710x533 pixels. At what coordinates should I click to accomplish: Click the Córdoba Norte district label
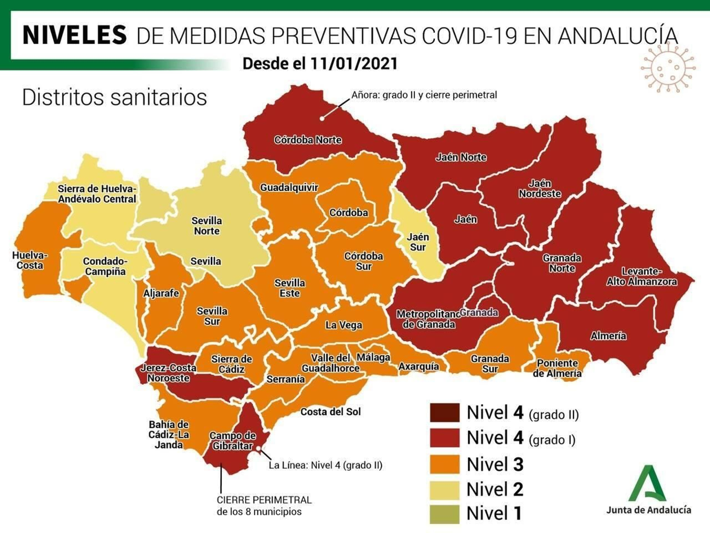tap(308, 140)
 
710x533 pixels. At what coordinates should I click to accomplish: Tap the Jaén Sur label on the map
tap(418, 242)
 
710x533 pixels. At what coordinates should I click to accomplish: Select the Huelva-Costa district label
tap(30, 260)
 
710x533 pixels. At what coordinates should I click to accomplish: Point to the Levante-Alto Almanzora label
tap(642, 276)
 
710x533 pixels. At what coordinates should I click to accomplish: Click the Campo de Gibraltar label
tap(233, 441)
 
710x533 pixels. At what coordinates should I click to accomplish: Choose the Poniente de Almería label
tap(557, 368)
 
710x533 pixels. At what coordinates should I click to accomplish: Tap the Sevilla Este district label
tap(290, 288)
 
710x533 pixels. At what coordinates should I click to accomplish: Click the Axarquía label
tap(418, 366)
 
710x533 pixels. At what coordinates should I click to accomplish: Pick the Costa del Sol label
tap(331, 412)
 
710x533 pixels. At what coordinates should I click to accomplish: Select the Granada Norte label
tap(562, 263)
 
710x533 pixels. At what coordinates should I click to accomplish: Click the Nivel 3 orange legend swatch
tap(444, 465)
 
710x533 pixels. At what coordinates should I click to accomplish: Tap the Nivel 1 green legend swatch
tap(444, 514)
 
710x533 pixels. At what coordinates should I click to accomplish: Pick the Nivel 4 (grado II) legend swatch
tap(444, 413)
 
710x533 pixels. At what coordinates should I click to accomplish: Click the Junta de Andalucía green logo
tap(647, 484)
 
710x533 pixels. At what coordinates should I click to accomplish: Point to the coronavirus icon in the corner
tap(668, 68)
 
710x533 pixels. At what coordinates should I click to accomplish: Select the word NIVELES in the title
tap(75, 35)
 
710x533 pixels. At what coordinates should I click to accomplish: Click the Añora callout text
tap(424, 95)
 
